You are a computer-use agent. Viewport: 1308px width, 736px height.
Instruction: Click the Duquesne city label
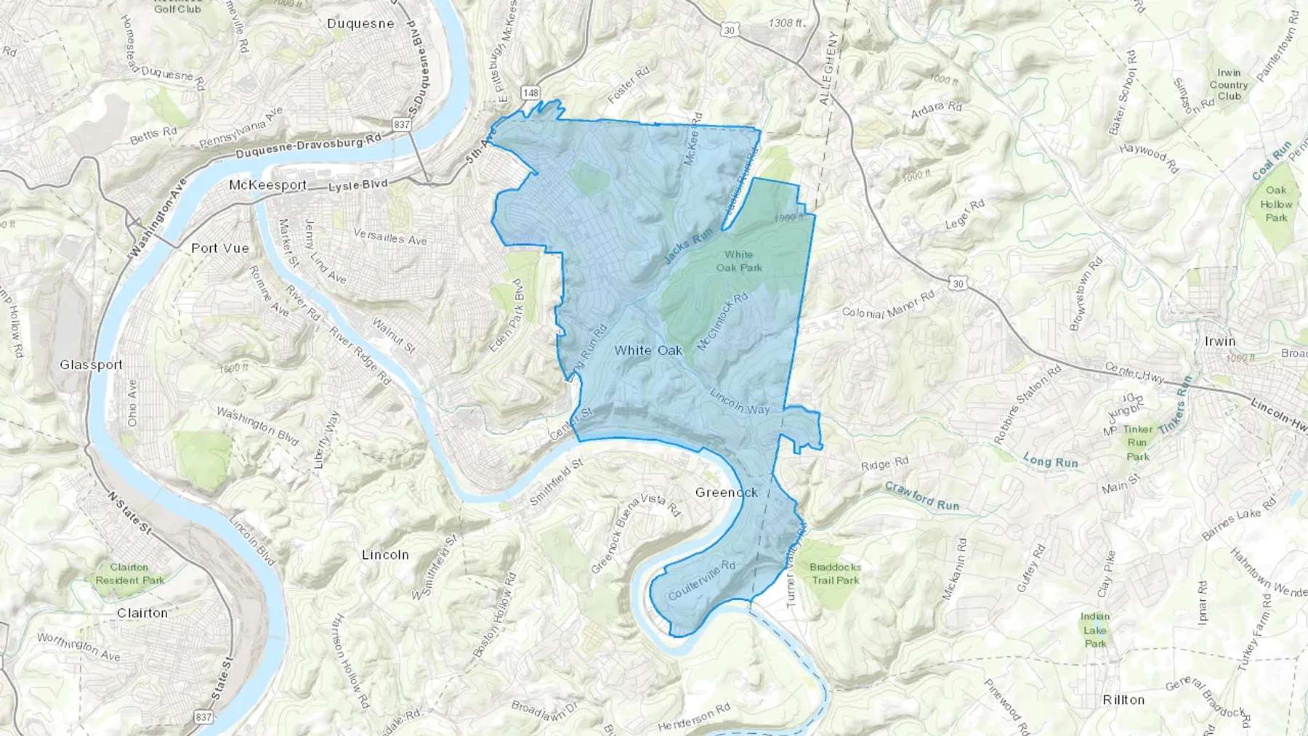pos(360,23)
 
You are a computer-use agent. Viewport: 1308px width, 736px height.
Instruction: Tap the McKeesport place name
pos(267,185)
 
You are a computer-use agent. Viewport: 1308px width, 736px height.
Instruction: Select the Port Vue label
pos(220,248)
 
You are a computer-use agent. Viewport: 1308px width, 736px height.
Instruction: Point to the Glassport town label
pos(92,365)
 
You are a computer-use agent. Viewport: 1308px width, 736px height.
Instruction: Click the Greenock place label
pos(727,493)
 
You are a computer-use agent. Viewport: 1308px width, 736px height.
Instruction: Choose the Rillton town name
pos(1123,700)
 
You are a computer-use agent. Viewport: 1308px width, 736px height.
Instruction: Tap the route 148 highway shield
pos(530,92)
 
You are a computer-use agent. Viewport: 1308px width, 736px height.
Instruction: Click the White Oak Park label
pos(739,261)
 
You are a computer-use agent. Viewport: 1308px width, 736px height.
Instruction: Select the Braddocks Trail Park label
pos(836,573)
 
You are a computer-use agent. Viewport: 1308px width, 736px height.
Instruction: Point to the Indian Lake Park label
pos(1095,629)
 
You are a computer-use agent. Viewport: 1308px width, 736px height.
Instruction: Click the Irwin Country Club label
pos(1229,84)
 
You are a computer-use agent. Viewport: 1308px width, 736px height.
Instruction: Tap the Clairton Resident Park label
pos(130,573)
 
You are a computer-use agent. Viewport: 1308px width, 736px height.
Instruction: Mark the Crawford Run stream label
pos(922,496)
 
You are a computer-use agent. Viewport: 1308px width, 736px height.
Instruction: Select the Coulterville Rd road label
pos(701,580)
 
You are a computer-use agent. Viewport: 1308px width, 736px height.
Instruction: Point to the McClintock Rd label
pos(722,321)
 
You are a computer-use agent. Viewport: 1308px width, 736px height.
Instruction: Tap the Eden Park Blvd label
pos(517,316)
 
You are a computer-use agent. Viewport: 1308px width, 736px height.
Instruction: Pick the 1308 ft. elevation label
pos(787,23)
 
